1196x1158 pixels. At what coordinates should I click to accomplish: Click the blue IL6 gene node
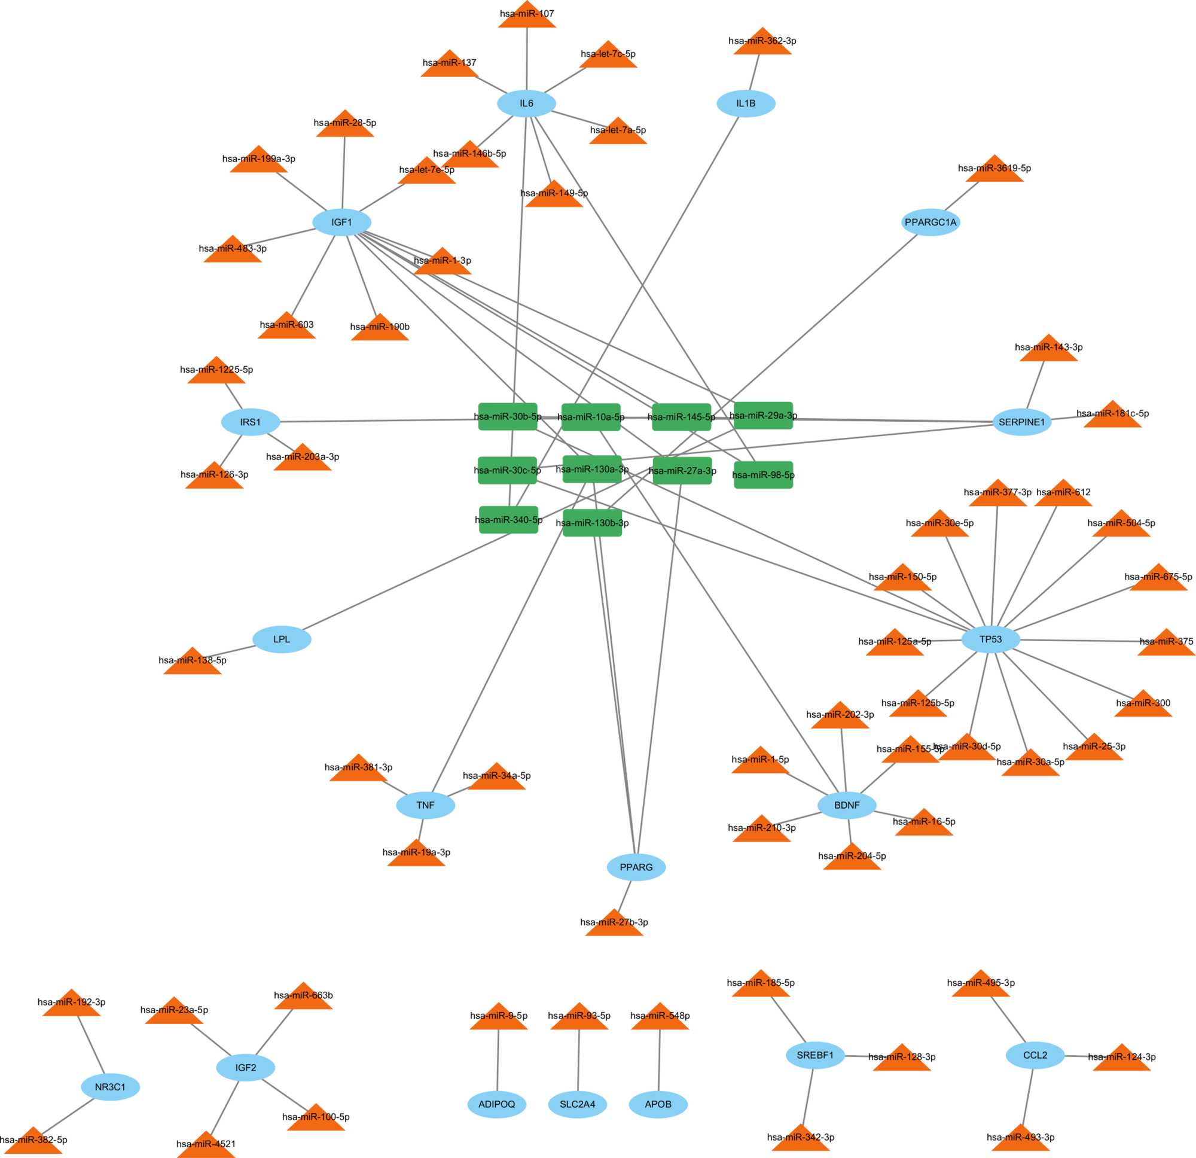pyautogui.click(x=526, y=103)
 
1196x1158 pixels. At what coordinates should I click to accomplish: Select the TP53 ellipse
pyautogui.click(x=990, y=640)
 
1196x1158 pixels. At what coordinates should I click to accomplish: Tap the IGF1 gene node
pyautogui.click(x=341, y=222)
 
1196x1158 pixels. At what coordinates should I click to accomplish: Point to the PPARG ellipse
pyautogui.click(x=636, y=867)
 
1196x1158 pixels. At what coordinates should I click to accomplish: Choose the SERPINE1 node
pyautogui.click(x=1021, y=422)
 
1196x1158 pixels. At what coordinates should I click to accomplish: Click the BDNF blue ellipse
pyautogui.click(x=846, y=805)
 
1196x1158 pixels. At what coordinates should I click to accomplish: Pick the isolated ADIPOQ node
pyautogui.click(x=497, y=1104)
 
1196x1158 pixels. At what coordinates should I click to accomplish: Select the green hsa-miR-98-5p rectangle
pyautogui.click(x=763, y=475)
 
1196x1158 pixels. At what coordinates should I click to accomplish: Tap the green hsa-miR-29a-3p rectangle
pyautogui.click(x=763, y=416)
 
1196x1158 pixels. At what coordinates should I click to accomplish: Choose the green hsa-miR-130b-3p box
pyautogui.click(x=592, y=523)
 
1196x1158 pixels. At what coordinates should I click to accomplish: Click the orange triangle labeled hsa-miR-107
pyautogui.click(x=527, y=17)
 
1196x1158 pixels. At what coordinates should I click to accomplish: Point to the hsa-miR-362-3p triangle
pyautogui.click(x=762, y=44)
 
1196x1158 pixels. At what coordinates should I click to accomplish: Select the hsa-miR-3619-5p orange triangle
pyautogui.click(x=994, y=171)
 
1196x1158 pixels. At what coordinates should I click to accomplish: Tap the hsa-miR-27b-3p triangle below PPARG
pyautogui.click(x=614, y=925)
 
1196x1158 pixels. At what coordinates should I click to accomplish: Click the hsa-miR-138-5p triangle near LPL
pyautogui.click(x=192, y=663)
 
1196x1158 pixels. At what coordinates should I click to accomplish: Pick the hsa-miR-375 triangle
pyautogui.click(x=1166, y=644)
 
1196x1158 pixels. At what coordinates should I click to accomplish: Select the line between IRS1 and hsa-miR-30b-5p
pyautogui.click(x=379, y=420)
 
